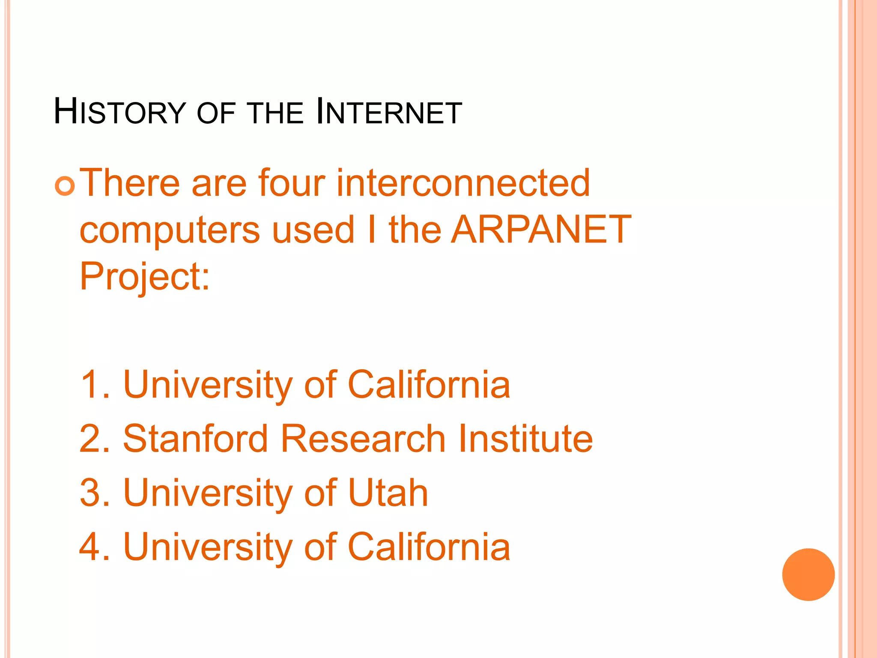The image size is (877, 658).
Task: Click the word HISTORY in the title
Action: [x=119, y=112]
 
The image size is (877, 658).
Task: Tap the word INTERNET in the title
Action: [x=388, y=112]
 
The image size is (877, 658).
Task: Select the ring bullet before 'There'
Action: [x=65, y=185]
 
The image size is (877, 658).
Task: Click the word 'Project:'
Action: [x=145, y=277]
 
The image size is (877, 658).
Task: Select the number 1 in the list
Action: [x=91, y=384]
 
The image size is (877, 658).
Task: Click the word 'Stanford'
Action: [x=195, y=438]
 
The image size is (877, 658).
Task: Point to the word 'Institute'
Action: [x=525, y=438]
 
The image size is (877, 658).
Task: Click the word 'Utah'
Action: [x=388, y=493]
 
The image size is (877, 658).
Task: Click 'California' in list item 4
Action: [x=429, y=547]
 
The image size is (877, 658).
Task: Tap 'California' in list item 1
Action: [x=429, y=384]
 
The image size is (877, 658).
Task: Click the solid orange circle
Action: [x=808, y=574]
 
